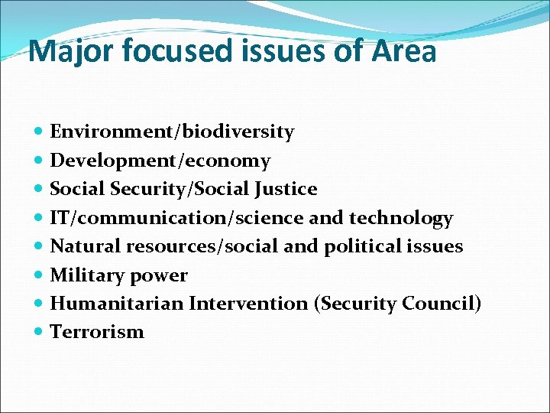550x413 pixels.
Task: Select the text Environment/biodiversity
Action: [172, 132]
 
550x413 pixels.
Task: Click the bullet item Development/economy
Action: [160, 161]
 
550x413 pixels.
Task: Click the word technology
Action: [401, 218]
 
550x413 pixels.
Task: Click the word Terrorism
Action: [96, 332]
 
